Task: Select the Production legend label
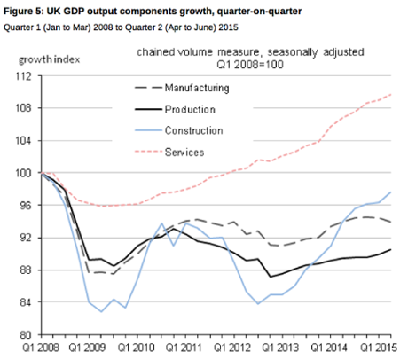(189, 109)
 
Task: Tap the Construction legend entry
(192, 130)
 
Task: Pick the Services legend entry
(184, 152)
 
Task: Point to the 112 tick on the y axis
(25, 76)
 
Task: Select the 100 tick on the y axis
(25, 173)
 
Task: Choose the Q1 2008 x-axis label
(42, 348)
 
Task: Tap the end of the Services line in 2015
(393, 95)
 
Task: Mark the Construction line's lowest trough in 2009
(102, 311)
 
